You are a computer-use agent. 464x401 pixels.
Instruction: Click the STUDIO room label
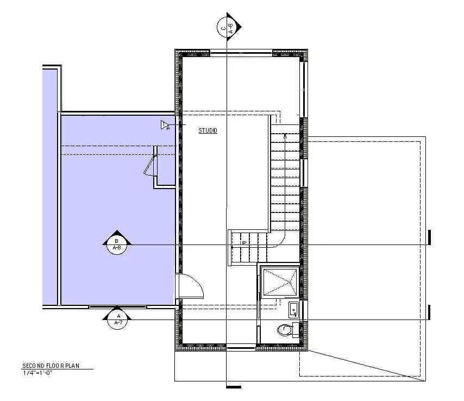click(x=208, y=130)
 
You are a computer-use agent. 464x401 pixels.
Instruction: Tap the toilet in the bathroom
click(x=284, y=329)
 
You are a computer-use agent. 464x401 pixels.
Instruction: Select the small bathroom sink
click(x=293, y=310)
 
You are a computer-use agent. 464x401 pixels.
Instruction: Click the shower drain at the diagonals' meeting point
click(x=280, y=281)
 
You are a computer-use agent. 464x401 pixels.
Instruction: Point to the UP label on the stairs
click(x=244, y=242)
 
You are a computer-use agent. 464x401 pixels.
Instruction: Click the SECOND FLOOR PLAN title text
click(x=51, y=366)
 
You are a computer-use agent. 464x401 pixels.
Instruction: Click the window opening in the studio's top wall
click(x=241, y=52)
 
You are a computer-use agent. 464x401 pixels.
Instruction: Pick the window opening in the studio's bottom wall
click(x=241, y=347)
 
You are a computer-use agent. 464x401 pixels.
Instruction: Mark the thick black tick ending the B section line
click(x=429, y=237)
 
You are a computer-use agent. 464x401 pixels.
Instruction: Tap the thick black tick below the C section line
click(x=233, y=387)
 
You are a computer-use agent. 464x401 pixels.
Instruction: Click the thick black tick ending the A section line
click(x=429, y=312)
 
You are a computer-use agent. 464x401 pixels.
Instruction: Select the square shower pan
click(x=280, y=281)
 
